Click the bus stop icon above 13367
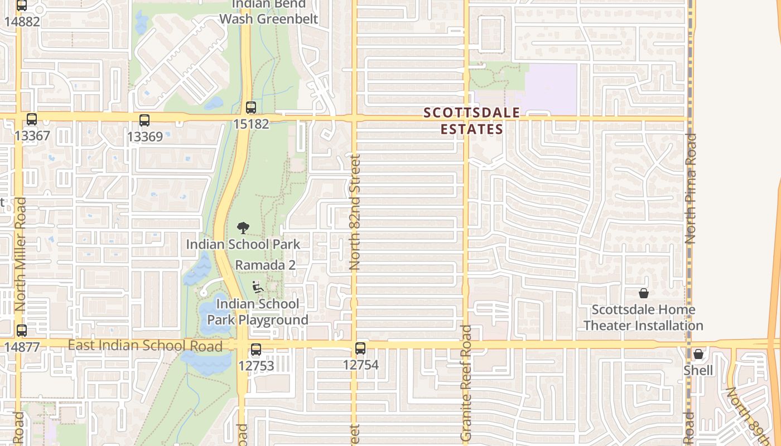[32, 119]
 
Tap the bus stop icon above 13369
[144, 120]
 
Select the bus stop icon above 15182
[251, 107]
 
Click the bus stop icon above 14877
[22, 331]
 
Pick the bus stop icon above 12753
[255, 350]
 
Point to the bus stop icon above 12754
[360, 348]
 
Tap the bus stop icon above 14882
[22, 6]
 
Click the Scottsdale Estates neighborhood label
[472, 121]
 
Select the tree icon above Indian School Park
[243, 227]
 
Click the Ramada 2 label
[265, 265]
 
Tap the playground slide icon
[258, 287]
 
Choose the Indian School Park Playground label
[258, 312]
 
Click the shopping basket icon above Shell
[698, 354]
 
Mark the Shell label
[698, 371]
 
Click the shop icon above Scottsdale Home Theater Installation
[643, 293]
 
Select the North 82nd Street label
[355, 212]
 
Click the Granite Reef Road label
[466, 384]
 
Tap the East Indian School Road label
[145, 346]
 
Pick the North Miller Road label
[21, 254]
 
